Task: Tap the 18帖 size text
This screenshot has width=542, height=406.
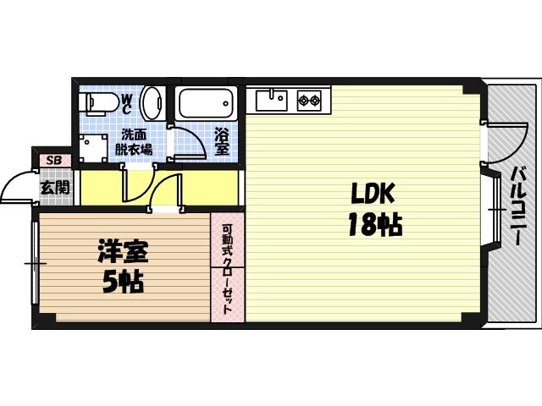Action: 373,225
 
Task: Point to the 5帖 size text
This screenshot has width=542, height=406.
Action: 123,280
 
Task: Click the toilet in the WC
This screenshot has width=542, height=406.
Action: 95,104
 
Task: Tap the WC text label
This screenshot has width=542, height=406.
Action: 125,104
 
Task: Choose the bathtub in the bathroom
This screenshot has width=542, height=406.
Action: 206,104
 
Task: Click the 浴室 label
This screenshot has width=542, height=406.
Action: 222,141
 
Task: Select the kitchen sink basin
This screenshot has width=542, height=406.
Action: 272,101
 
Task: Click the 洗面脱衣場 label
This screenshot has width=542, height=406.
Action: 135,141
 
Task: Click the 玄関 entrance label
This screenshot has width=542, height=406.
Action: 55,187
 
